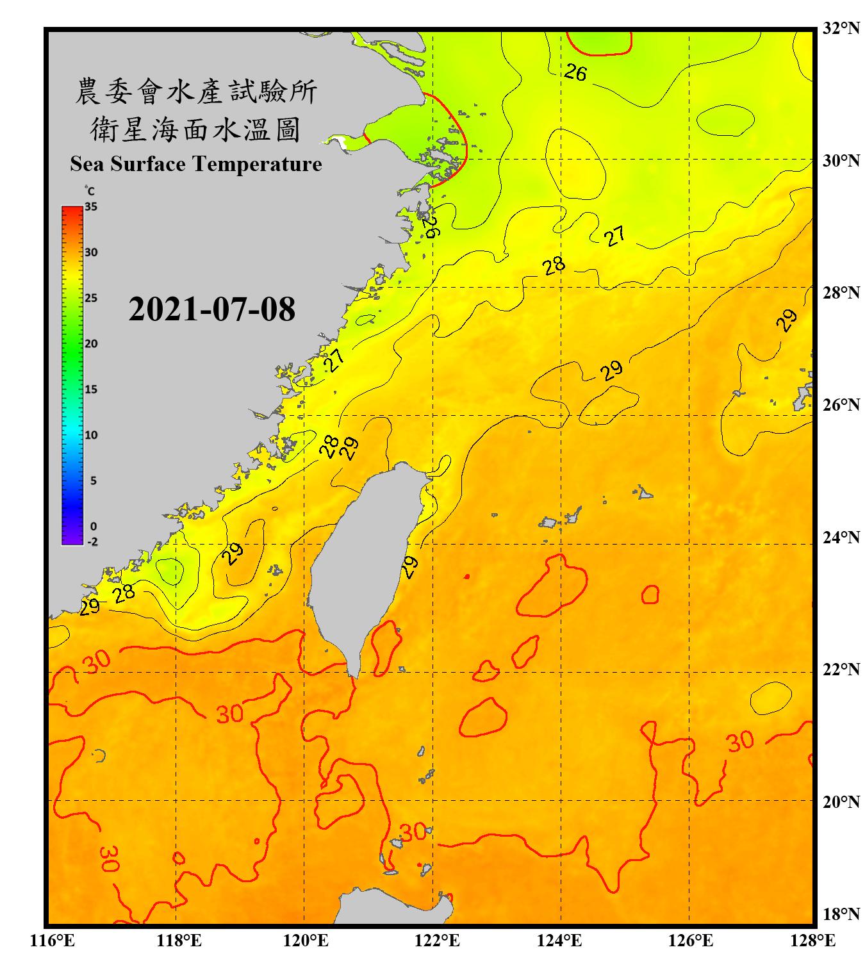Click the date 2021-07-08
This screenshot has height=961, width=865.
coord(211,309)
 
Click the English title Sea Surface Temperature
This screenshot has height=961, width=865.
coord(196,164)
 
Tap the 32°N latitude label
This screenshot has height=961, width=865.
coord(841,28)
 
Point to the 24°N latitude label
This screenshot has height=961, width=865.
coord(841,537)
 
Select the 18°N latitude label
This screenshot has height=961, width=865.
coord(841,914)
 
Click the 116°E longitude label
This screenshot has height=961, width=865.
coord(53,940)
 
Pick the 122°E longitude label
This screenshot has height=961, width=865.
coord(437,940)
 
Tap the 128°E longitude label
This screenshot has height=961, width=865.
coord(812,940)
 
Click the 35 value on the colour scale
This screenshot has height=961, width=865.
coord(91,207)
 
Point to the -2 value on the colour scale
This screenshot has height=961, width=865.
coord(92,542)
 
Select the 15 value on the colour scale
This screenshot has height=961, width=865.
coord(91,390)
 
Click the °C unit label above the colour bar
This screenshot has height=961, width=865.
coord(90,191)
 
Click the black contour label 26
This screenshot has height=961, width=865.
coord(575,72)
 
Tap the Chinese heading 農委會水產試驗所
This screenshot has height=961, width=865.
coord(196,92)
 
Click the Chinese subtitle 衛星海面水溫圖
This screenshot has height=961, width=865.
coord(196,129)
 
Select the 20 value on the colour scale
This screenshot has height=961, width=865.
coord(91,344)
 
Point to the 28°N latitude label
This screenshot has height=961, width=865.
coord(841,293)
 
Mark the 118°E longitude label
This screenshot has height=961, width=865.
coord(179,940)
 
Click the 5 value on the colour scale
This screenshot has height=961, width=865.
coord(93,481)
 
